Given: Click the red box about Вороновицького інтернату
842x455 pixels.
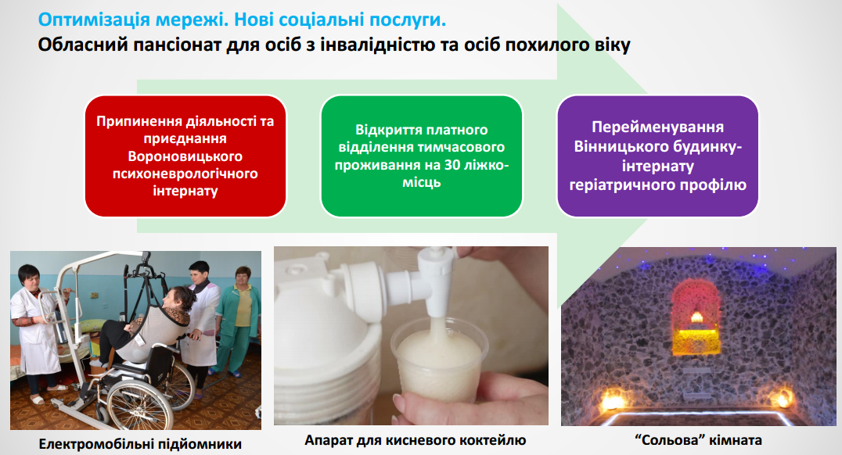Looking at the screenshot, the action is (185, 156).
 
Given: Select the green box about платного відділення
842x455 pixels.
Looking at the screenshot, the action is (422, 156).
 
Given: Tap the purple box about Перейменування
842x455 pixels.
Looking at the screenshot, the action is (658, 156).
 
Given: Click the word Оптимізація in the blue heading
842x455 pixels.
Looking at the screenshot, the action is (94, 20).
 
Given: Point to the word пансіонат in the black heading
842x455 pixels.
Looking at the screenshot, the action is (175, 45).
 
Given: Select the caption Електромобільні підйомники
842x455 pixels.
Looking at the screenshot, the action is (140, 444).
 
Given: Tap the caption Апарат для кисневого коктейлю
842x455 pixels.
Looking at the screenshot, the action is (415, 440).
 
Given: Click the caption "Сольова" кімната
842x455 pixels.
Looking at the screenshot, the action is (699, 440).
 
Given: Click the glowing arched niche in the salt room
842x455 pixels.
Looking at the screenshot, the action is (696, 317).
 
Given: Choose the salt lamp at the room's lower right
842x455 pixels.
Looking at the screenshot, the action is (783, 399).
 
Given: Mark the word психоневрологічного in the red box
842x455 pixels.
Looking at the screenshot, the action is (185, 174).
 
